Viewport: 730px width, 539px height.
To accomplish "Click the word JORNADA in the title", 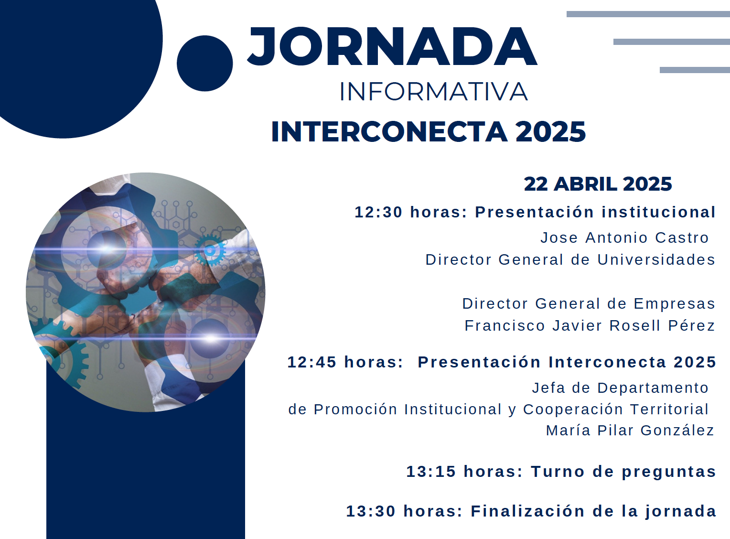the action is tap(392, 46).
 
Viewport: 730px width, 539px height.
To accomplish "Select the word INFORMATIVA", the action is tap(434, 92).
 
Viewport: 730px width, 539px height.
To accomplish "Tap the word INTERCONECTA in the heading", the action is tap(389, 132).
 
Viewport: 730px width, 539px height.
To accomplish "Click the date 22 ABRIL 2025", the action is tap(598, 183).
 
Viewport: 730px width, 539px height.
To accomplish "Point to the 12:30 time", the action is tap(378, 212).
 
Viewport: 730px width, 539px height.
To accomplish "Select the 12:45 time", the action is tap(312, 362).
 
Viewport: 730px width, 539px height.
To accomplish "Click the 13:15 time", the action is tap(431, 472).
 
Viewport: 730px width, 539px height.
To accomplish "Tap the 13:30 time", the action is tap(371, 511).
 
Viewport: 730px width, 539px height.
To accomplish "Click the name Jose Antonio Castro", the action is tap(624, 238).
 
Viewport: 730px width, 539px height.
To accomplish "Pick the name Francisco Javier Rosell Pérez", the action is tap(590, 325).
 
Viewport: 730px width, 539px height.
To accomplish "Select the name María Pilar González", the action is tap(630, 431).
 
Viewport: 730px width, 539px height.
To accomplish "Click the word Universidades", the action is tap(656, 260).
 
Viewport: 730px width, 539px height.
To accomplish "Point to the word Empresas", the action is tap(674, 303).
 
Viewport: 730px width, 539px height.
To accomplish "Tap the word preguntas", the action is tap(669, 472).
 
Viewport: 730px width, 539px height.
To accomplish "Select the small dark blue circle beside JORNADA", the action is tap(205, 63).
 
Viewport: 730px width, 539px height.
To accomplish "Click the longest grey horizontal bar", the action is tap(648, 14).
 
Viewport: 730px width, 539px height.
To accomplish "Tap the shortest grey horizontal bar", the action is tap(695, 70).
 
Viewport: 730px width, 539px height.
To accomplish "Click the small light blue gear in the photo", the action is tap(210, 250).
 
